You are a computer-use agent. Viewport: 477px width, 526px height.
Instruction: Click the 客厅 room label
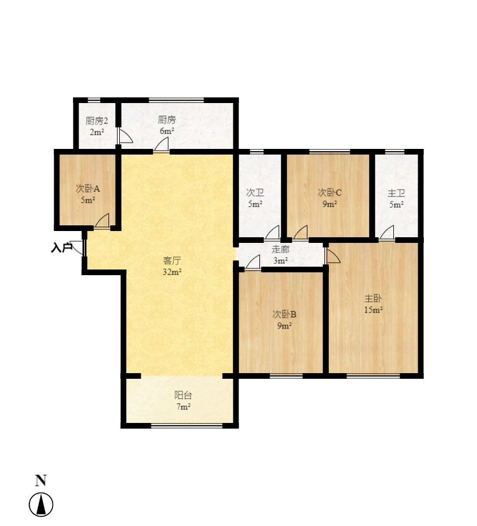172,260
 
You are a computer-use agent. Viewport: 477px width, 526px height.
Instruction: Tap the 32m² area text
172,272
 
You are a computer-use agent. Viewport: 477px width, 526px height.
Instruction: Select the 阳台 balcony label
184,396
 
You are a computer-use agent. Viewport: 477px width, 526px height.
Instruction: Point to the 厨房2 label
97,121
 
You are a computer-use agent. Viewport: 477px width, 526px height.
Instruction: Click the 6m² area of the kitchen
167,131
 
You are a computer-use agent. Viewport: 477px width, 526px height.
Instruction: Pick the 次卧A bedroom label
88,189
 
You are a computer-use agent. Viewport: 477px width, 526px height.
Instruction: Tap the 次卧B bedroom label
284,314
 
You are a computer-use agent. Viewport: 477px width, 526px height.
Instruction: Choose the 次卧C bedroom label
329,193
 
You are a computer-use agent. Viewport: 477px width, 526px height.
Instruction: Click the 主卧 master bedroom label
373,298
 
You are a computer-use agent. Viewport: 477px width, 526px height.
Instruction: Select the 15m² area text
374,310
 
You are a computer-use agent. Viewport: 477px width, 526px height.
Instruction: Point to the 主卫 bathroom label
396,193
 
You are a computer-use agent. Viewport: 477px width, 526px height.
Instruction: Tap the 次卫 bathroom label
255,193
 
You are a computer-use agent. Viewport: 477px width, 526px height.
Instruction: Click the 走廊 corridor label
280,249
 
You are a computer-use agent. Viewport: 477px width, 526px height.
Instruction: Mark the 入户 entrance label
62,248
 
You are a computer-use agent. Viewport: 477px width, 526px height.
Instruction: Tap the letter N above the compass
41,481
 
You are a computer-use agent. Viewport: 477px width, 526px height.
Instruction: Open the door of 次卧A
102,221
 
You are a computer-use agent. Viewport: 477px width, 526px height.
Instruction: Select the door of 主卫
387,233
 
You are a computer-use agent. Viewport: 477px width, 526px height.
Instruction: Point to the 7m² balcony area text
184,407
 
